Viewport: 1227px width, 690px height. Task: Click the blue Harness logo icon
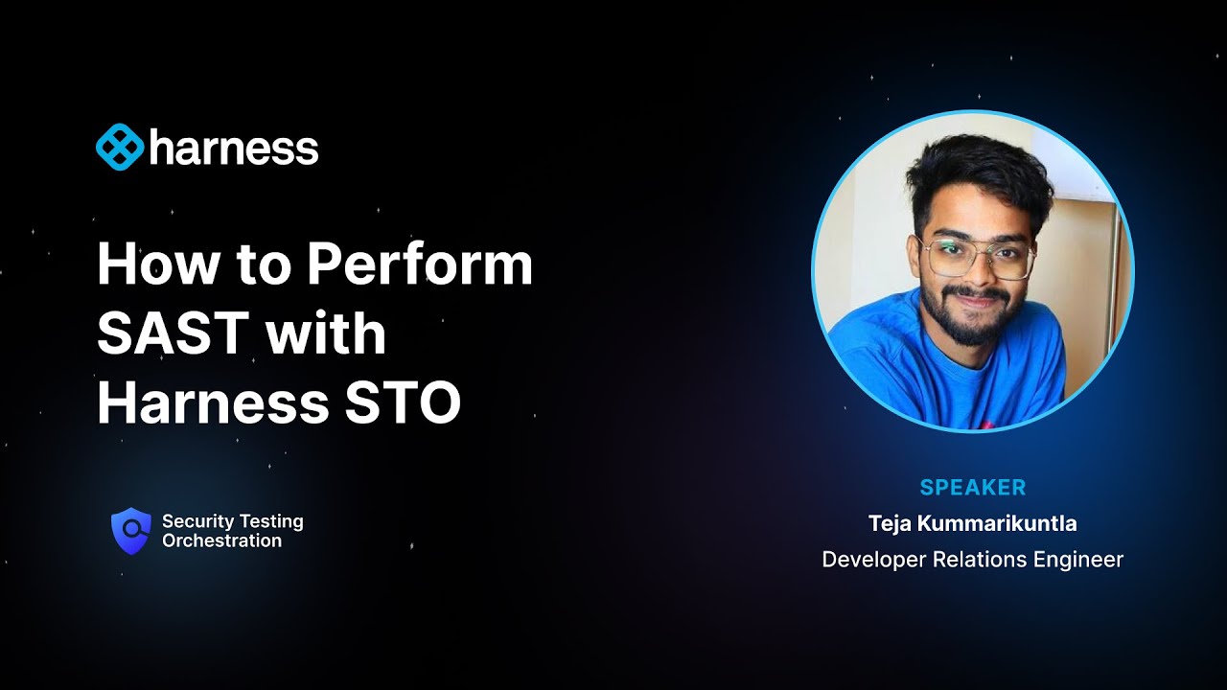120,148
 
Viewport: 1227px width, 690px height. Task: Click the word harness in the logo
235,149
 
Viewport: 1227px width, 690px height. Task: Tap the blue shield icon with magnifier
130,531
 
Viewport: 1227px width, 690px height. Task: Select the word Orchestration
221,541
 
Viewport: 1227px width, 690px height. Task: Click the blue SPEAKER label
972,488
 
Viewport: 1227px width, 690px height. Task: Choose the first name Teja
891,524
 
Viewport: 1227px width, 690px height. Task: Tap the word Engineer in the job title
1077,560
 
